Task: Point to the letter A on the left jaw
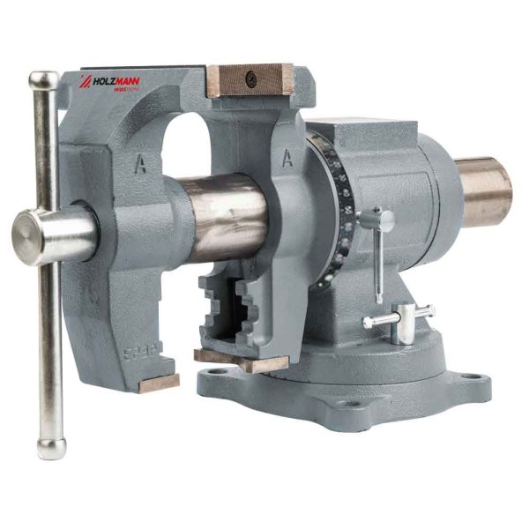(139, 164)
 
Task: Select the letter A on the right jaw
(287, 158)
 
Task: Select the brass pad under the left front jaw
(159, 383)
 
